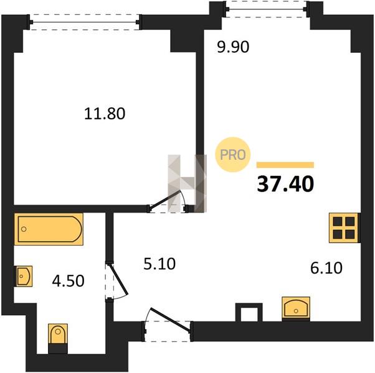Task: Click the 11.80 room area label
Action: pos(105,114)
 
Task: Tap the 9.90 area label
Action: pos(233,47)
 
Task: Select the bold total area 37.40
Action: pos(285,184)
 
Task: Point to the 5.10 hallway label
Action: pos(159,264)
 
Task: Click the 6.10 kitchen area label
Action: pos(326,268)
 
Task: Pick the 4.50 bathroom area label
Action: pos(68,281)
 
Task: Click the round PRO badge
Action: pos(233,155)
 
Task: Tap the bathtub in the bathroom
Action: pos(49,229)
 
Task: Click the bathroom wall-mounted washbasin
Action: pos(24,276)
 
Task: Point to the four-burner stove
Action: pos(344,228)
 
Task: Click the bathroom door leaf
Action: pos(119,279)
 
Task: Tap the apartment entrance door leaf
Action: pos(170,320)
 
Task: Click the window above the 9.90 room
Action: pos(266,9)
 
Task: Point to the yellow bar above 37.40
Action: pos(285,165)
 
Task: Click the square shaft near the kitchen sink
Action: pos(249,312)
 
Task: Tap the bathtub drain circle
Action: pos(24,229)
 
